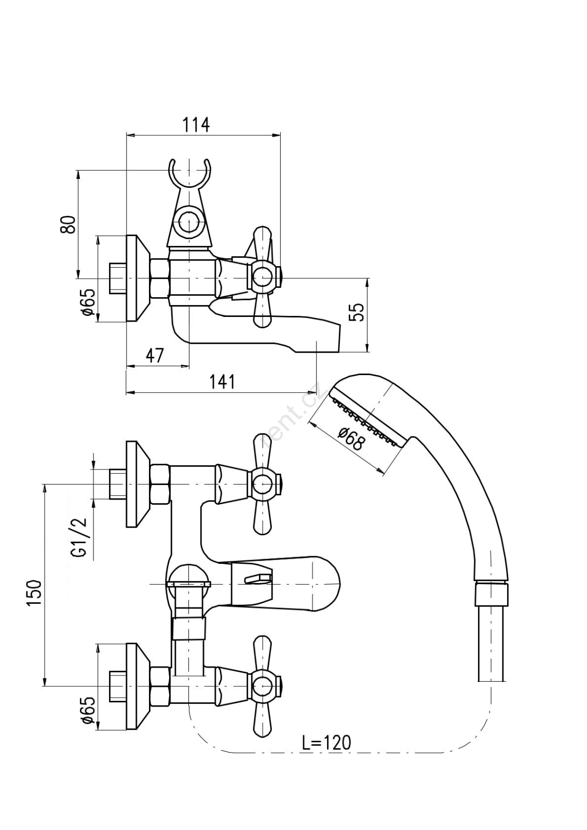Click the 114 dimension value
click(x=196, y=125)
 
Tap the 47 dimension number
click(x=154, y=355)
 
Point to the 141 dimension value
click(x=222, y=381)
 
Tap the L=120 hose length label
click(x=326, y=742)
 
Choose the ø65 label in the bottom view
click(x=88, y=710)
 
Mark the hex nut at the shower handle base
click(x=491, y=593)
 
